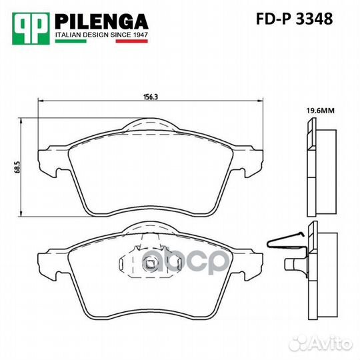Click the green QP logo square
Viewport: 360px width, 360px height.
pyautogui.click(x=31, y=29)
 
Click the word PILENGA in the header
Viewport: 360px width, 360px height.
pyautogui.click(x=102, y=22)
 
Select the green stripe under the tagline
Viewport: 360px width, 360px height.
pyautogui.click(x=71, y=41)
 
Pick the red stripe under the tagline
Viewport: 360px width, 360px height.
pyautogui.click(x=132, y=41)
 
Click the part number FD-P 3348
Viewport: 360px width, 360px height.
pyautogui.click(x=295, y=19)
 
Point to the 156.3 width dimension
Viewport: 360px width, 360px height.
pyautogui.click(x=151, y=97)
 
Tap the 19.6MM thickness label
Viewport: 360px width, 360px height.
pyautogui.click(x=321, y=111)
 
